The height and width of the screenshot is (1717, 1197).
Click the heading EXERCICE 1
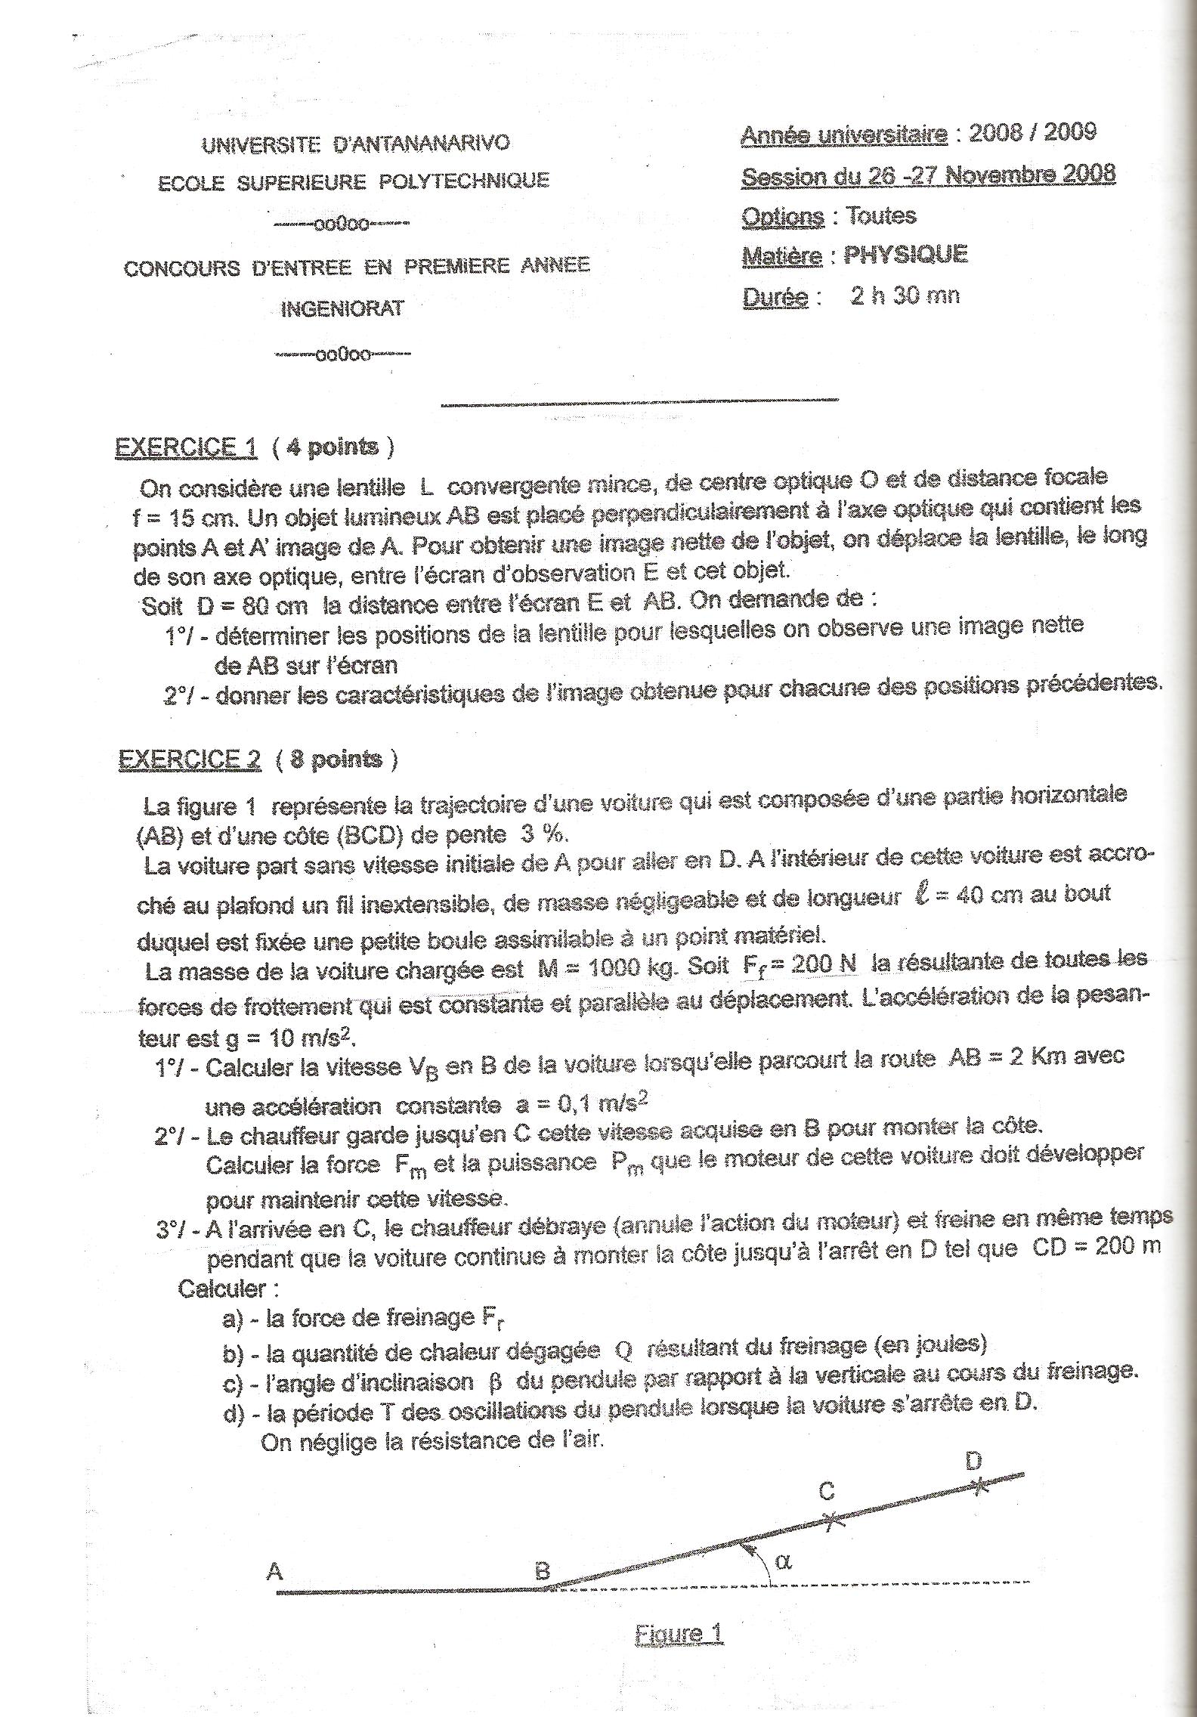point(186,447)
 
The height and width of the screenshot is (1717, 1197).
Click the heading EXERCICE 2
point(190,759)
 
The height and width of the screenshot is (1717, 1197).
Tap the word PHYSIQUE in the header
point(905,255)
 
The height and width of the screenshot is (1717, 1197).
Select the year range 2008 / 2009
point(1032,132)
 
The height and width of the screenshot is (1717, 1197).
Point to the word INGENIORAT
point(342,309)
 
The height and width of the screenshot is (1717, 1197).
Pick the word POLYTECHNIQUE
point(463,181)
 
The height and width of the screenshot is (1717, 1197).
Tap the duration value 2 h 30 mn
point(905,295)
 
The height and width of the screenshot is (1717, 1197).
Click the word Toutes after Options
point(881,216)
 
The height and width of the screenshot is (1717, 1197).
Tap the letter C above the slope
point(827,1491)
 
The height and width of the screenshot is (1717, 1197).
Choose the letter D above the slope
point(973,1461)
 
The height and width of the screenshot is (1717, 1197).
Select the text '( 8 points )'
point(336,759)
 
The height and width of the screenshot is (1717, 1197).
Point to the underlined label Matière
point(781,256)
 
